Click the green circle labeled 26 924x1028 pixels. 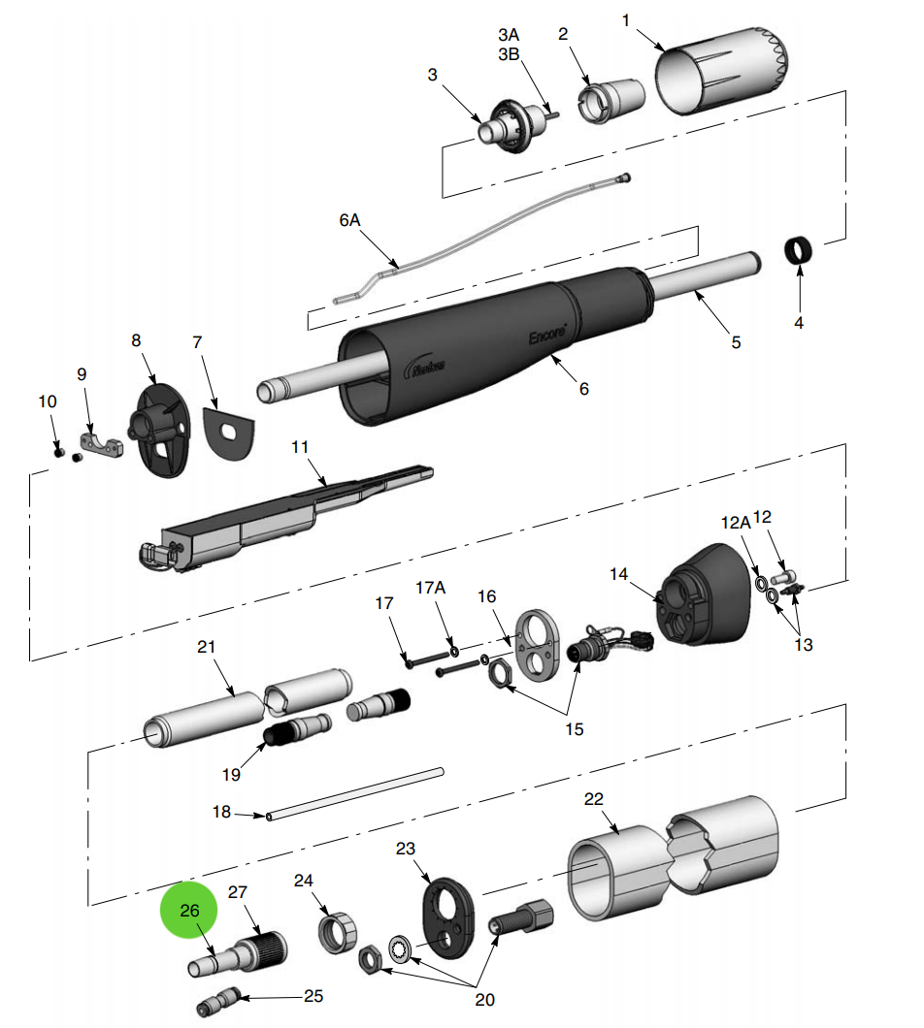tap(190, 911)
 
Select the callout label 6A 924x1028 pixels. tap(349, 220)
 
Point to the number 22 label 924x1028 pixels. tap(594, 799)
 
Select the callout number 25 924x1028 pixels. tap(313, 996)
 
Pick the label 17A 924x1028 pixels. tap(430, 588)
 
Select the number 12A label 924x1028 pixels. tap(736, 522)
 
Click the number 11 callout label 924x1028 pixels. tap(300, 447)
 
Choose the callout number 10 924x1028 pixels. tap(48, 402)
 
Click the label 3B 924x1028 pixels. tap(510, 54)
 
